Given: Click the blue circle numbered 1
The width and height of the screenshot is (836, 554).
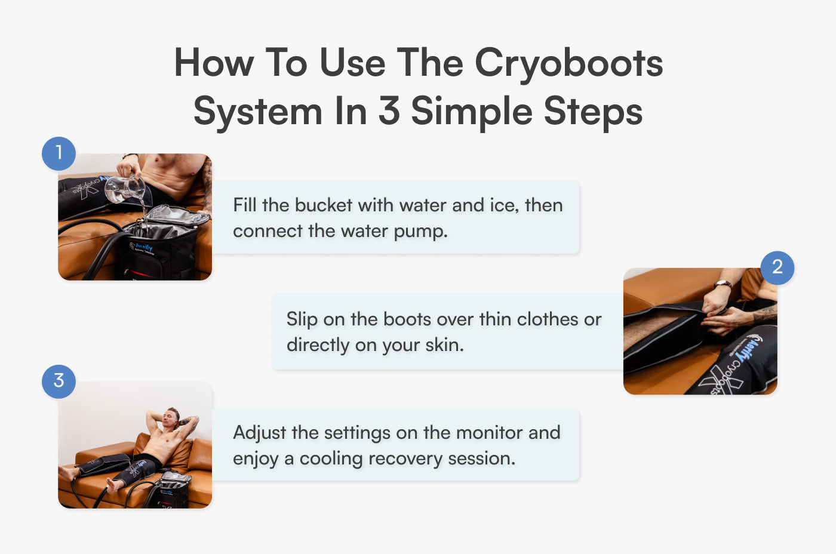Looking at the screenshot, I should click(x=59, y=154).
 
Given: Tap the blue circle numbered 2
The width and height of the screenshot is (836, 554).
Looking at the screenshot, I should click(x=777, y=267).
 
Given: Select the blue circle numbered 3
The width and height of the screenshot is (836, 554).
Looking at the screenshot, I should click(x=59, y=381).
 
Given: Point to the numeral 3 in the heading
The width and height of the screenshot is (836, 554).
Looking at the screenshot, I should click(x=389, y=111).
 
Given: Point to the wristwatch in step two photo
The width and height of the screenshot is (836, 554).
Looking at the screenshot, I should click(x=723, y=285).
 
